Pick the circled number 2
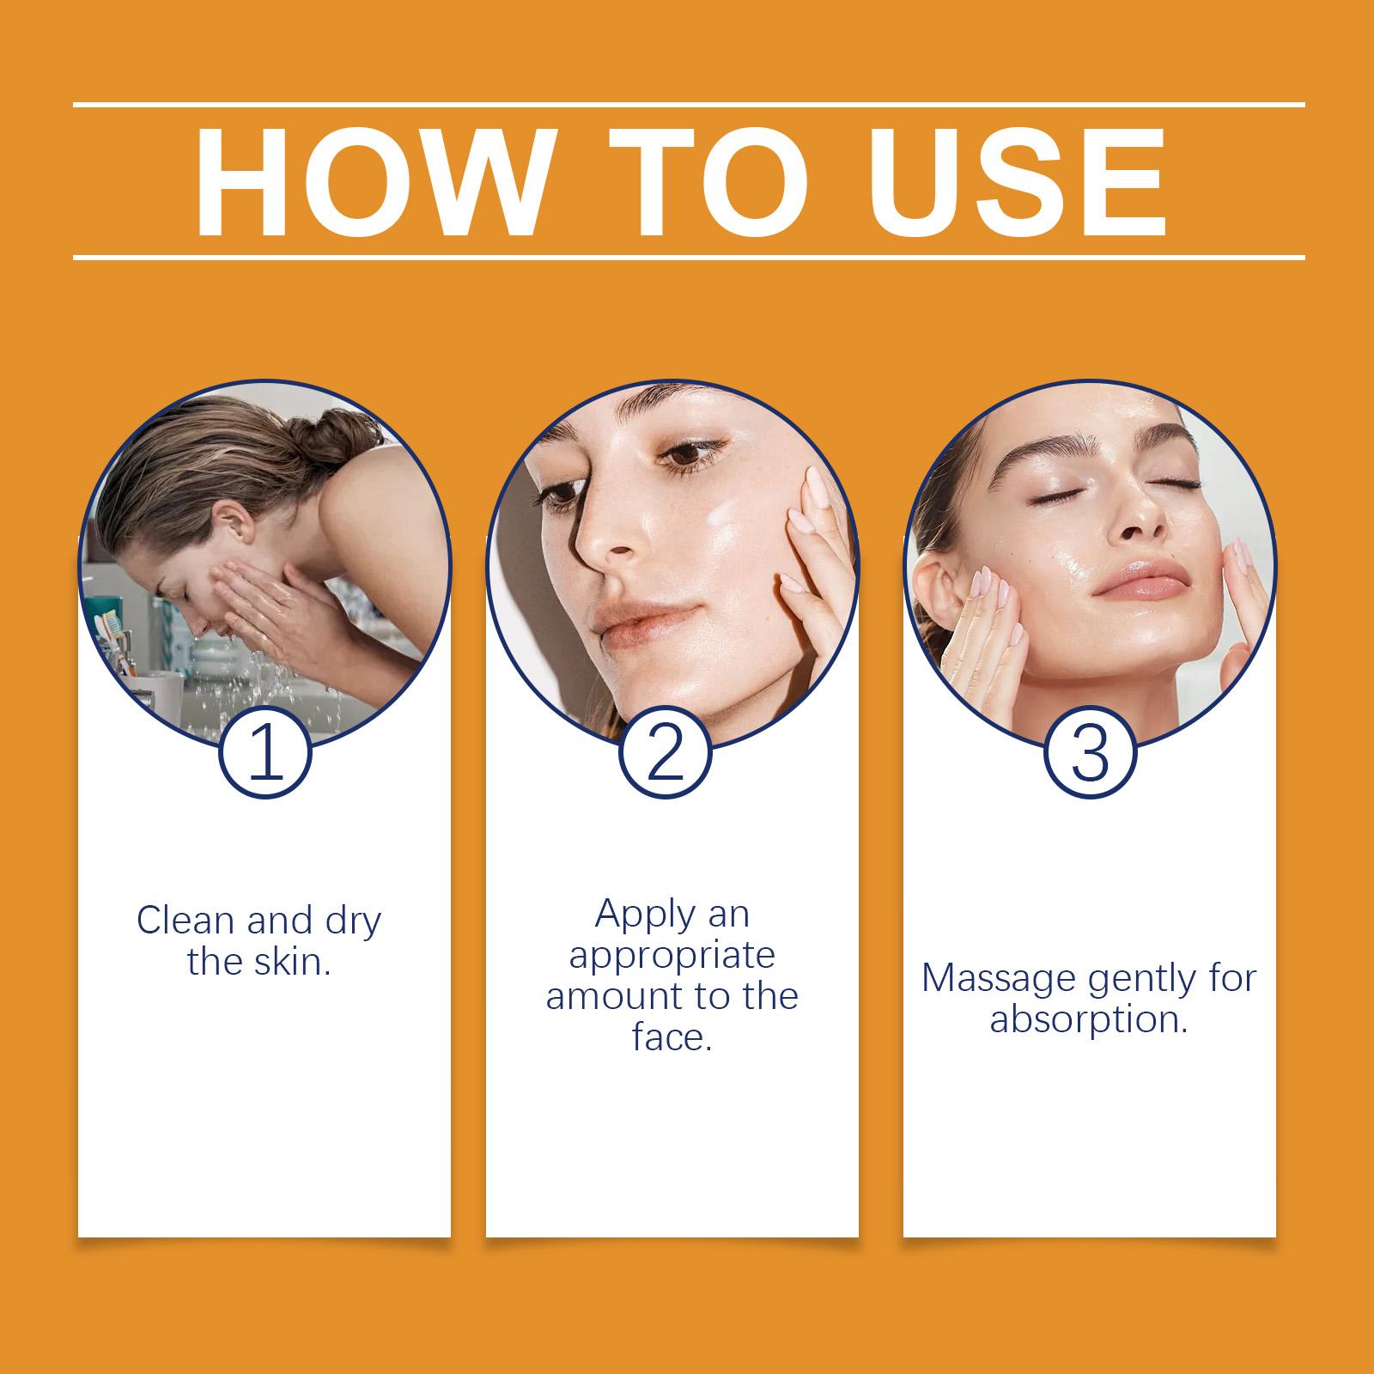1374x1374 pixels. point(665,752)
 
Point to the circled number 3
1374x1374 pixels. point(1090,752)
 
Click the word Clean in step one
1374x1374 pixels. point(185,921)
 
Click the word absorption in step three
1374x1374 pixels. point(1089,1020)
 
